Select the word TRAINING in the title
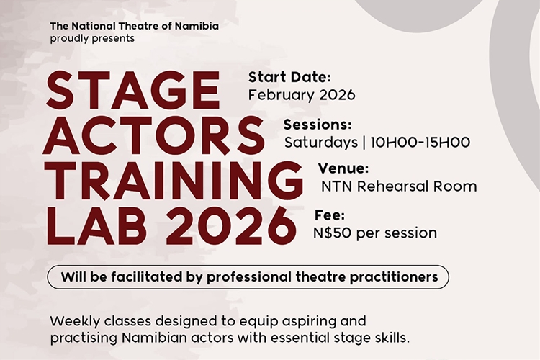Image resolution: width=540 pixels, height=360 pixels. tap(173, 181)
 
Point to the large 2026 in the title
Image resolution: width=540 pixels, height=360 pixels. tap(230, 227)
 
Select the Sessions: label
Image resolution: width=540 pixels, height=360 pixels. tap(318, 124)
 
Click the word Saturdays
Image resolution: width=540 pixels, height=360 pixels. tap(320, 142)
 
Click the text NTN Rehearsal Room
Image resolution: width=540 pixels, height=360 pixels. tap(399, 186)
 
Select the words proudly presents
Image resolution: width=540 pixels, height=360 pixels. tap(92, 38)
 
